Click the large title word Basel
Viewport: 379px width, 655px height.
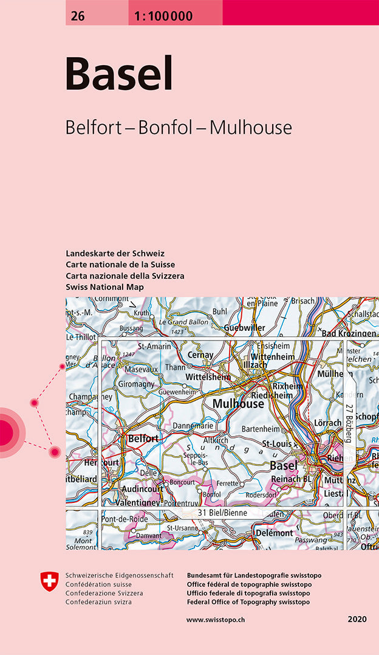(x=119, y=74)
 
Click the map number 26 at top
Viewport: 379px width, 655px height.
(x=77, y=17)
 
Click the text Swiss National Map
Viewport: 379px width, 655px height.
(x=104, y=286)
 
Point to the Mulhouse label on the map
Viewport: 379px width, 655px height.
(x=238, y=404)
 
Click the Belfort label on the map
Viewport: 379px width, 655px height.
(x=143, y=438)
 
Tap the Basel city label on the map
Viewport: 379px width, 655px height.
(x=284, y=465)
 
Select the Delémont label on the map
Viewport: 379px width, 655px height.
(x=274, y=533)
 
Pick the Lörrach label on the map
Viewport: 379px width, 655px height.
(x=327, y=422)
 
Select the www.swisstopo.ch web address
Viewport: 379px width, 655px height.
(x=216, y=620)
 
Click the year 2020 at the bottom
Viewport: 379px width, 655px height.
(x=357, y=620)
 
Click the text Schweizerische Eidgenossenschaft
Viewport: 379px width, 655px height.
(x=119, y=575)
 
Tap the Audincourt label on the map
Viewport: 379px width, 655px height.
(x=143, y=488)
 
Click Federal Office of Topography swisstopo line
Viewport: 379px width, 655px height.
(x=248, y=602)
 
